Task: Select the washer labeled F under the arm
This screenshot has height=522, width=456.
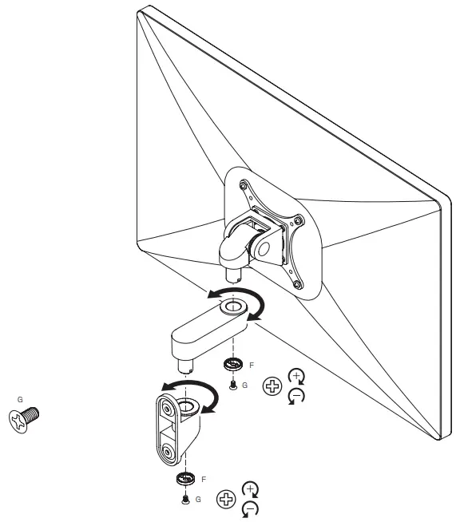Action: pyautogui.click(x=233, y=366)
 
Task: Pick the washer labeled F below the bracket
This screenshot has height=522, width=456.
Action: pyautogui.click(x=186, y=480)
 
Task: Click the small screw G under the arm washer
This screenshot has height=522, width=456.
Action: pyautogui.click(x=232, y=385)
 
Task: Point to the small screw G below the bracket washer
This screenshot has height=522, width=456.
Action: pyautogui.click(x=186, y=499)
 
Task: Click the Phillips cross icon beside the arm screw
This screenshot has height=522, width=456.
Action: pyautogui.click(x=273, y=387)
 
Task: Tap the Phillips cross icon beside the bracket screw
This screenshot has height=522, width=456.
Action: pyautogui.click(x=228, y=500)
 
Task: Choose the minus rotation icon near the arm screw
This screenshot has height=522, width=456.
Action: pyautogui.click(x=295, y=396)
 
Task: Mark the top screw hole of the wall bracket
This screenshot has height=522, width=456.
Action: pyautogui.click(x=167, y=409)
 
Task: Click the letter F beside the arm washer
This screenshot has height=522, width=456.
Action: pyautogui.click(x=252, y=364)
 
